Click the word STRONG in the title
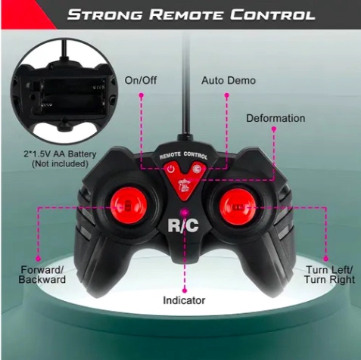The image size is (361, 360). (104, 14)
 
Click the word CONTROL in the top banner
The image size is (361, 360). (272, 14)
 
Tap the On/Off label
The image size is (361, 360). (141, 80)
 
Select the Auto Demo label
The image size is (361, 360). (229, 81)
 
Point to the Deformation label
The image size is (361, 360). (275, 118)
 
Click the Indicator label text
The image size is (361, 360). (184, 300)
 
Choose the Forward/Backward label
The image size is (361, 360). (42, 275)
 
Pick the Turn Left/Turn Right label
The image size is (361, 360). (329, 275)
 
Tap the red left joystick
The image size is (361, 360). (129, 205)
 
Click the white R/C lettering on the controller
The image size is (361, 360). (183, 225)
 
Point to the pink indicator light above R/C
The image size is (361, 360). (185, 213)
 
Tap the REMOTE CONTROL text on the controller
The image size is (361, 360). (184, 155)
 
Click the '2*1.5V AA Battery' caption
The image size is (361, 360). (60, 154)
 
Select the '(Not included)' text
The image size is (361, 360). (60, 164)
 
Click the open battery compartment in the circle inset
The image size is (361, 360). (72, 97)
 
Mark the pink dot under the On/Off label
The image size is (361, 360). (142, 95)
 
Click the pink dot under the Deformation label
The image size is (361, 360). (274, 129)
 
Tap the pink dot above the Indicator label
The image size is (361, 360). (185, 290)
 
